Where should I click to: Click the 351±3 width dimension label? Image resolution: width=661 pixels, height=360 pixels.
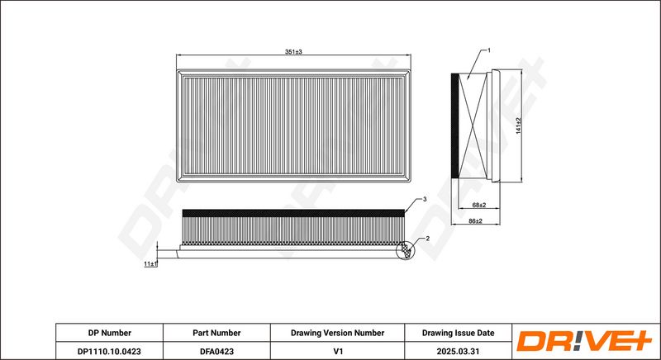(293, 52)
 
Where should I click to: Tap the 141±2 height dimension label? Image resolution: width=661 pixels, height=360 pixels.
(519, 126)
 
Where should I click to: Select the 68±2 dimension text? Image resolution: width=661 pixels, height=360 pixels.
(479, 205)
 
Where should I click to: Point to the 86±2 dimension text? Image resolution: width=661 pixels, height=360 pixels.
(476, 220)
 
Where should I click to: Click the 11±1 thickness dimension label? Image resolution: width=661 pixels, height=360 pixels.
(150, 264)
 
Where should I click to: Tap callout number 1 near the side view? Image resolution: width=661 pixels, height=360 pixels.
(489, 50)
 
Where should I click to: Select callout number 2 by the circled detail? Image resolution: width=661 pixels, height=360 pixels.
(427, 239)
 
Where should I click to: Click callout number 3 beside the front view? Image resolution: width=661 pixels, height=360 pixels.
(425, 199)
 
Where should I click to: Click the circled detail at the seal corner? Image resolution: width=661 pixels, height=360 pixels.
(406, 250)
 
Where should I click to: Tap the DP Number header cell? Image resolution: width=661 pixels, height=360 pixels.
(110, 333)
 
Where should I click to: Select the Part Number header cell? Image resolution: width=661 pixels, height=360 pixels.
(216, 333)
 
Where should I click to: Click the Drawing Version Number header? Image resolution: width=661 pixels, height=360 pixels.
(337, 333)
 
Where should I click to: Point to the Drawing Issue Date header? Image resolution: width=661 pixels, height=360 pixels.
(459, 333)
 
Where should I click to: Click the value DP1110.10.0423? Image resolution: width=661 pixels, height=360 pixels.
(110, 351)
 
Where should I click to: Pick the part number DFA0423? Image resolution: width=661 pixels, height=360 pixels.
(216, 351)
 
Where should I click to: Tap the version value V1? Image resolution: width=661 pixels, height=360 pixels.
(337, 351)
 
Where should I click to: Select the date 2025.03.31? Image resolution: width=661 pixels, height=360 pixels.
(459, 351)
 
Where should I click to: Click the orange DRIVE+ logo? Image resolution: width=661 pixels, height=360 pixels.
(584, 341)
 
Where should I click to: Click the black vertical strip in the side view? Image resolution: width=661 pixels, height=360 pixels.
(455, 126)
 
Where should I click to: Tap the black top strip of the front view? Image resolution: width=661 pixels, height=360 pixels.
(293, 213)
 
